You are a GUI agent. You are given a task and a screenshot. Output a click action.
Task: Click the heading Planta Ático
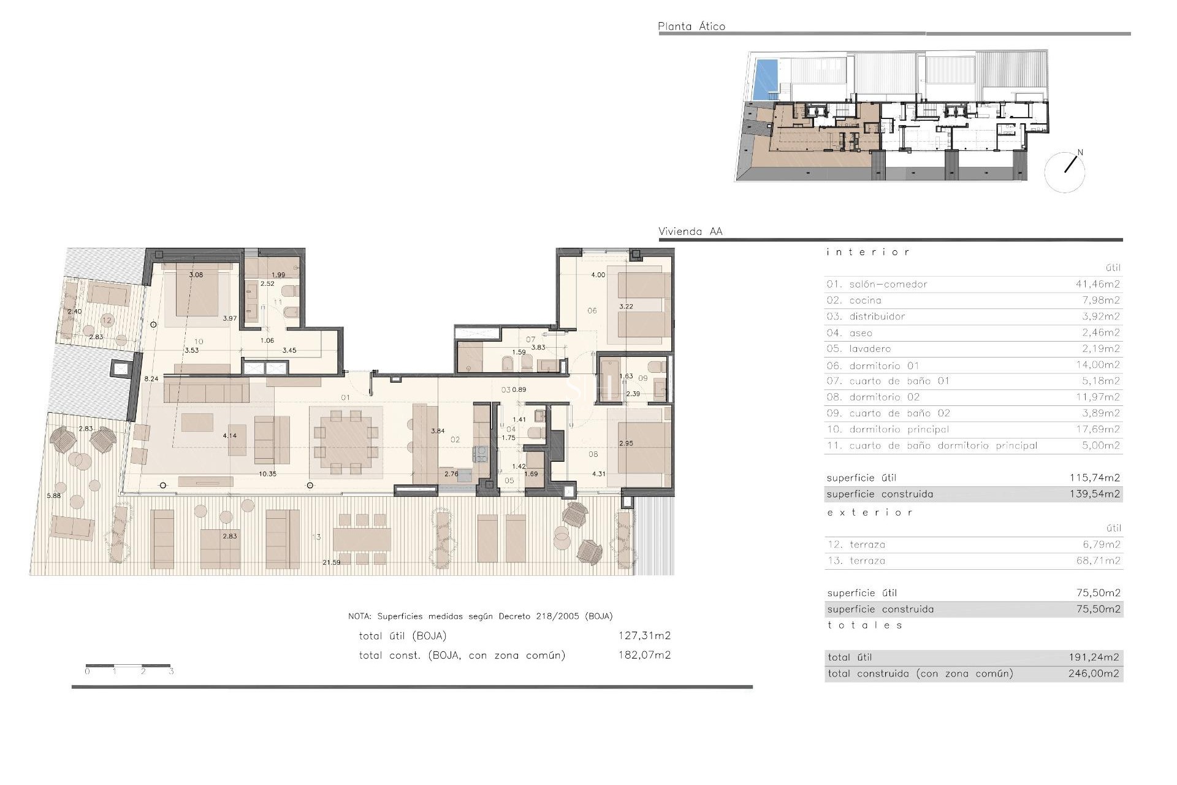point(691,26)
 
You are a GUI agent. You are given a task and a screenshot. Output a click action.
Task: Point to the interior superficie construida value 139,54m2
point(1094,494)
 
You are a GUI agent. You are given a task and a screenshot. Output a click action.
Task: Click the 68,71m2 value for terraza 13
point(1098,561)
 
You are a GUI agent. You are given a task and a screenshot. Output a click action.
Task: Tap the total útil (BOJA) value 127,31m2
point(644,636)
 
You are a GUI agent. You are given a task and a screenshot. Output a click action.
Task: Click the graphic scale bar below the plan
point(128,665)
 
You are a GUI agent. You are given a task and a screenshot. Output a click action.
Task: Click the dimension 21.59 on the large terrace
point(331,562)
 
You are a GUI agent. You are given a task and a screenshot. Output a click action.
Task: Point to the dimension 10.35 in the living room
point(267,474)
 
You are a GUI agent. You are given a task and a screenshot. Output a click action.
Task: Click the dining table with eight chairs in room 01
point(346,441)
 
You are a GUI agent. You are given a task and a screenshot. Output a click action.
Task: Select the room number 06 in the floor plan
point(592,310)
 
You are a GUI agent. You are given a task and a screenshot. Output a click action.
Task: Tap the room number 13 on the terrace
point(316,537)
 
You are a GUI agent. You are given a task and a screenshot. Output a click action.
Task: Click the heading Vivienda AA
point(690,232)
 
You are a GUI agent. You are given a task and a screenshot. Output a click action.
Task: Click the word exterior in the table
point(869,512)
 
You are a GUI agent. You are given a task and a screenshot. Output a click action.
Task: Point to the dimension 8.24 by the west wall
point(151,379)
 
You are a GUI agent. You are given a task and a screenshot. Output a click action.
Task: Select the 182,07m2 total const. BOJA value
point(644,655)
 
